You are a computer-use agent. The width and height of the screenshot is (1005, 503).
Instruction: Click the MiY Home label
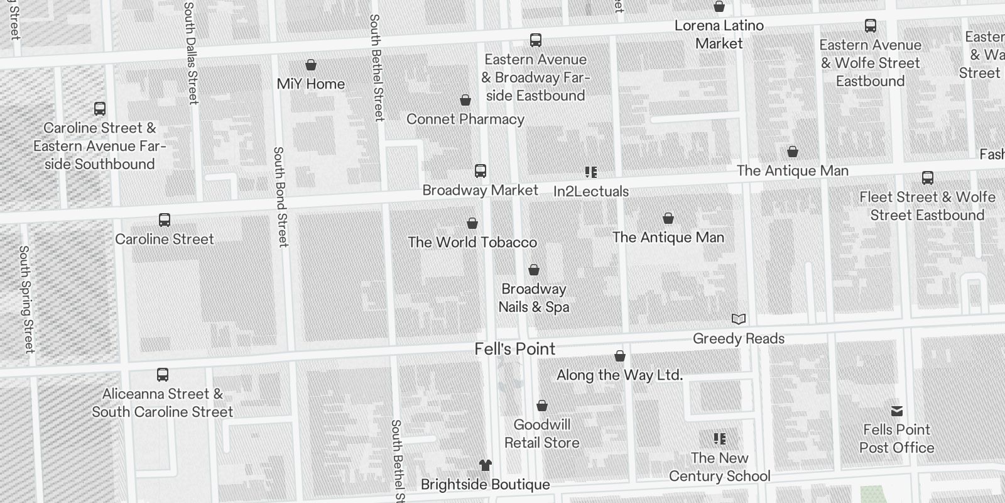click(x=310, y=84)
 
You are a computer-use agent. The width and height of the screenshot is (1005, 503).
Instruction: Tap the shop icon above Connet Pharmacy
click(x=465, y=101)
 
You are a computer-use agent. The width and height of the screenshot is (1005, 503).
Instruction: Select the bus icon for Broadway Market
click(x=481, y=171)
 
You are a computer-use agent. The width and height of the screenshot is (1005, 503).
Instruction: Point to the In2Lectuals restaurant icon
click(x=591, y=172)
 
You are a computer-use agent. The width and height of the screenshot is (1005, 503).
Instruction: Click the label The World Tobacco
click(x=472, y=242)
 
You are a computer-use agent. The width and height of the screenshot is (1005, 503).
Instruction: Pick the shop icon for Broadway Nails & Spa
click(x=534, y=270)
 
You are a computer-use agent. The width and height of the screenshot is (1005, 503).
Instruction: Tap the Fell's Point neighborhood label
click(x=515, y=349)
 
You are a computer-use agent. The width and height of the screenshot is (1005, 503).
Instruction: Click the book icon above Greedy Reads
click(x=739, y=319)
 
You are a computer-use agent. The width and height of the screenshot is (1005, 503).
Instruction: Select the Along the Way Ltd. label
click(x=619, y=375)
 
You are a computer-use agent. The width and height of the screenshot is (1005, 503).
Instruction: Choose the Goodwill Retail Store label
click(x=542, y=433)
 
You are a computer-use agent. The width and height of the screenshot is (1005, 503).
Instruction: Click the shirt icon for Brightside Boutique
click(x=486, y=465)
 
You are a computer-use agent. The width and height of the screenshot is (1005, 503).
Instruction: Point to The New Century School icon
click(x=720, y=439)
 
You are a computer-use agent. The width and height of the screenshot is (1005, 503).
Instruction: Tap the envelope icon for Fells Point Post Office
click(x=897, y=411)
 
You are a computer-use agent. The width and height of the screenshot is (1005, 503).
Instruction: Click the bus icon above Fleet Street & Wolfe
click(x=928, y=178)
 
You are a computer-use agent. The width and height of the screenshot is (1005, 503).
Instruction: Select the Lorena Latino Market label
click(x=719, y=35)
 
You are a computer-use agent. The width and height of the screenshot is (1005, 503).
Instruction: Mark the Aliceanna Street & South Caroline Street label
click(x=163, y=402)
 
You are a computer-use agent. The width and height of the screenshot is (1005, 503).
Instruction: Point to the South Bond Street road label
click(x=280, y=196)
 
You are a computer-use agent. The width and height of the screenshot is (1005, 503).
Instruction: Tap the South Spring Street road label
click(x=26, y=299)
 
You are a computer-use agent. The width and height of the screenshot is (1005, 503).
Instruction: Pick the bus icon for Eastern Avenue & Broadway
click(x=536, y=41)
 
